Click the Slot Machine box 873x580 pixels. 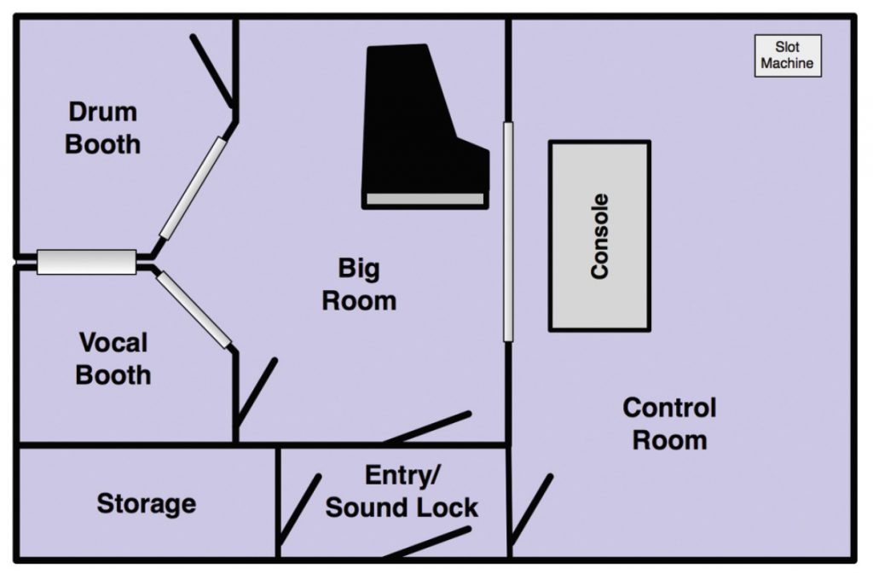coord(788,56)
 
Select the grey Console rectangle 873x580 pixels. coord(599,235)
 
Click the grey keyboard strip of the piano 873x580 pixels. coord(425,200)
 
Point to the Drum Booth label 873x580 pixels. coord(102,128)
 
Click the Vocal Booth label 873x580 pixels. coord(113,358)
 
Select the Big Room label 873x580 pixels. coord(358,285)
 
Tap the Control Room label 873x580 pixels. coord(669,423)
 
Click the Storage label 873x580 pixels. coord(146,503)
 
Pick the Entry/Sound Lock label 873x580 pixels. coord(402,492)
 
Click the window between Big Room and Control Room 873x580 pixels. coord(508,230)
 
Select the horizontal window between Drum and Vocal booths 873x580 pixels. coord(87,262)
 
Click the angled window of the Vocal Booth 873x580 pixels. coord(194,309)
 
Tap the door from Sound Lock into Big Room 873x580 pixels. coord(429,426)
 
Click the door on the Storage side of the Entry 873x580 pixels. coord(300,508)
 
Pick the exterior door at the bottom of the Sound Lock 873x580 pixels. coord(426,542)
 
